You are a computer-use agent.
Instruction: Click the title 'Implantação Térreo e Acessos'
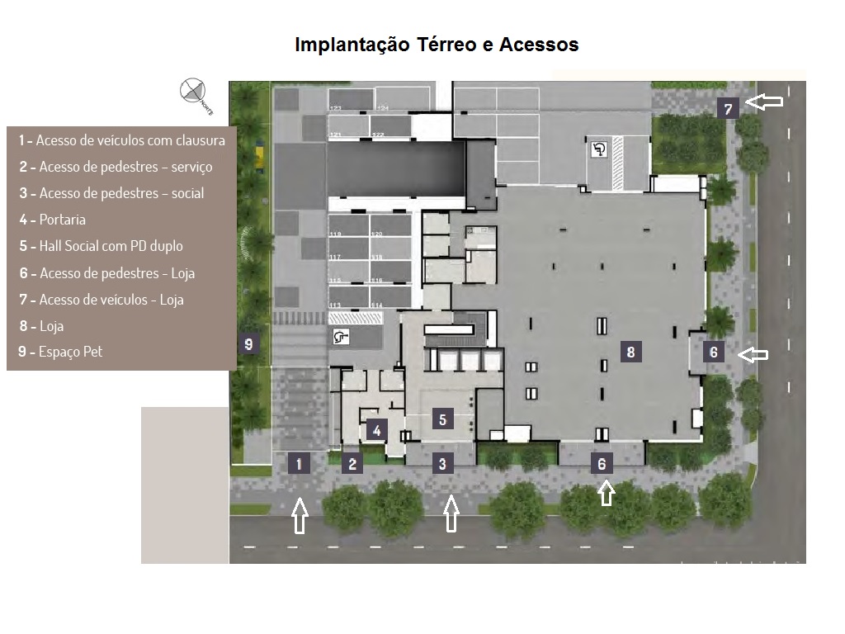click(437, 45)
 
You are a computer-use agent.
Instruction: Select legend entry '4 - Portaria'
click(53, 220)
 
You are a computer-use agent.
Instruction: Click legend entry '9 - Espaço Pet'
click(60, 352)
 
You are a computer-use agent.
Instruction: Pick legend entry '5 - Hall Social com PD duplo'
click(101, 246)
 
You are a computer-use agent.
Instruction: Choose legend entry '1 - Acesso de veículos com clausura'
click(122, 140)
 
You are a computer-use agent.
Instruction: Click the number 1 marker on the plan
click(299, 463)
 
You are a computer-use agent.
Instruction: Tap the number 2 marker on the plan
click(352, 463)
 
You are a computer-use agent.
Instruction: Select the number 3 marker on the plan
click(442, 463)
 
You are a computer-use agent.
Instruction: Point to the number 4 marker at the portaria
click(376, 429)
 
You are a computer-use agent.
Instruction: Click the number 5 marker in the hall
click(442, 419)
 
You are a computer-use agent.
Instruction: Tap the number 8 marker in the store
click(630, 352)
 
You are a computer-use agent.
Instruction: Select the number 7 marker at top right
click(727, 108)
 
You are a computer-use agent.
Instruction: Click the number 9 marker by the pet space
click(248, 344)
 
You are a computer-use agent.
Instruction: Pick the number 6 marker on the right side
click(714, 352)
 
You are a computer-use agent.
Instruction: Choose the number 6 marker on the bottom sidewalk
click(602, 463)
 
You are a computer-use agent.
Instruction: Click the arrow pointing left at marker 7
click(764, 102)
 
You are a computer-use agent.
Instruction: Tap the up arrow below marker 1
click(300, 517)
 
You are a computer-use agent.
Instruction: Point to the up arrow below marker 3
click(451, 513)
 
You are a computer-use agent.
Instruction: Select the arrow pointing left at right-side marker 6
click(753, 354)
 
